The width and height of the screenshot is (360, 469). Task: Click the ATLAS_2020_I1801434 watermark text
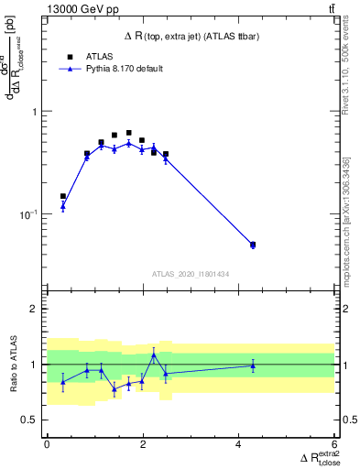tap(190, 274)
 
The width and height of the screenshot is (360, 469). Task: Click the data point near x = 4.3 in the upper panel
tap(253, 245)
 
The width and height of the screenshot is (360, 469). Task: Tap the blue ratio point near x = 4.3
tap(253, 365)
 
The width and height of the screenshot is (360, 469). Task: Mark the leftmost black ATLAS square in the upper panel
tap(63, 196)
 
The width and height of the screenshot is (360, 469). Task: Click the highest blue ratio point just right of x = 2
tap(154, 354)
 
